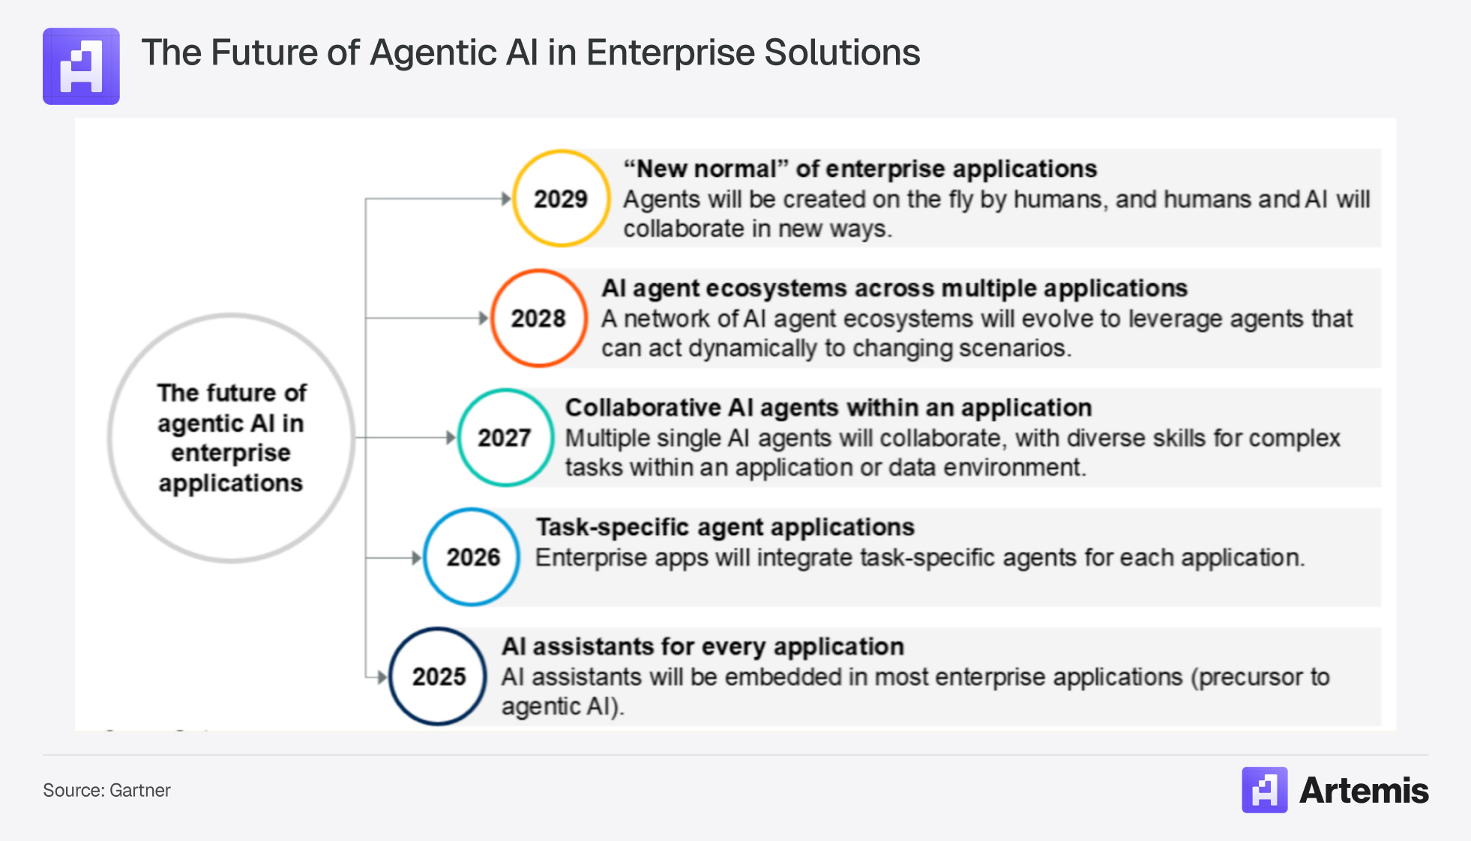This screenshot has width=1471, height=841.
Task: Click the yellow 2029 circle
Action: [x=561, y=199]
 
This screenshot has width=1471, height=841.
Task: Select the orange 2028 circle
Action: [x=538, y=319]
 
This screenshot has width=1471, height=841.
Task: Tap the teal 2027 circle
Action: [x=505, y=438]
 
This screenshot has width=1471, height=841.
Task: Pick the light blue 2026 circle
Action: [x=472, y=557]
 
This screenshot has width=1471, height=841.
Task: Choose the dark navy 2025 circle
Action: [x=439, y=676]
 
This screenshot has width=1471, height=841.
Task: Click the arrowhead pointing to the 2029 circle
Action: [x=506, y=199]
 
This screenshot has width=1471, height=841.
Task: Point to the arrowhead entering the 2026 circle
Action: [x=417, y=558]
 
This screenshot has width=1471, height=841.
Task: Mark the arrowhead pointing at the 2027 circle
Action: [x=451, y=438]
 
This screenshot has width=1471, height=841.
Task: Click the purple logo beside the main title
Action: [x=81, y=66]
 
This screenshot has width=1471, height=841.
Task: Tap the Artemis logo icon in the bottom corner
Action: [x=1264, y=790]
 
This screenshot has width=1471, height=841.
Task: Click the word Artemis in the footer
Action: [x=1364, y=790]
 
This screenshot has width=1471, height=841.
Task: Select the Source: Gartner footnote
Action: [x=106, y=790]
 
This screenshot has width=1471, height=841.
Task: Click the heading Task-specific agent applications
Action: [x=725, y=527]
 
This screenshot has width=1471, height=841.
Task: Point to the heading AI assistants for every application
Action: [x=703, y=646]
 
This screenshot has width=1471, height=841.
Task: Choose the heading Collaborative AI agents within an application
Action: [x=828, y=408]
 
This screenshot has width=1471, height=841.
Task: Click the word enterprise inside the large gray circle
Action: [x=231, y=453]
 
